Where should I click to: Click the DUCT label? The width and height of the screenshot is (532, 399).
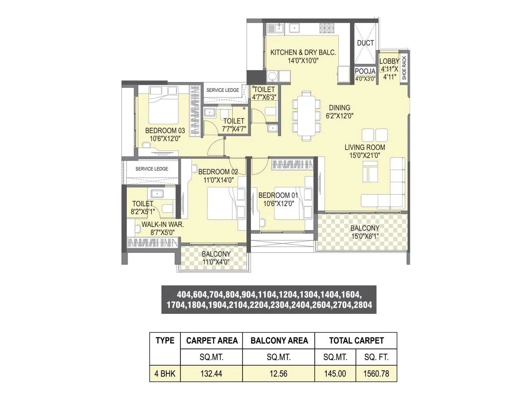pyautogui.click(x=365, y=43)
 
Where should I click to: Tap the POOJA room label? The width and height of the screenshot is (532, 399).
pyautogui.click(x=365, y=71)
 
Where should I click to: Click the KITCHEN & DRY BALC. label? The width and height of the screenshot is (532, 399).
pyautogui.click(x=303, y=52)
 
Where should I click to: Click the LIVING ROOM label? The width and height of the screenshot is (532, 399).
pyautogui.click(x=365, y=147)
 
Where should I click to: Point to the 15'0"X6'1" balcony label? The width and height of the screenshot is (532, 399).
pyautogui.click(x=365, y=236)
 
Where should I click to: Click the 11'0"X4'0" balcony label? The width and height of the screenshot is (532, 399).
pyautogui.click(x=216, y=262)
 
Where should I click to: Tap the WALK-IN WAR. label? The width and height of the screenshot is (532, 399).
pyautogui.click(x=163, y=224)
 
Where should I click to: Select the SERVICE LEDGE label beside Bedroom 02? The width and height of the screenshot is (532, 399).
pyautogui.click(x=152, y=169)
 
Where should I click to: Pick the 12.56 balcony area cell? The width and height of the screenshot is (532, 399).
pyautogui.click(x=278, y=374)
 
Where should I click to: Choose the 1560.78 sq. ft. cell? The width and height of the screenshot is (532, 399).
pyautogui.click(x=376, y=374)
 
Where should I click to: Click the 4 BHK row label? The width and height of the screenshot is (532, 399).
pyautogui.click(x=165, y=374)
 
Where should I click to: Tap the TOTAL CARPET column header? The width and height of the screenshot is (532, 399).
pyautogui.click(x=356, y=340)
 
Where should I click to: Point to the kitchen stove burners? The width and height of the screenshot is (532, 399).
pyautogui.click(x=327, y=29)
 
